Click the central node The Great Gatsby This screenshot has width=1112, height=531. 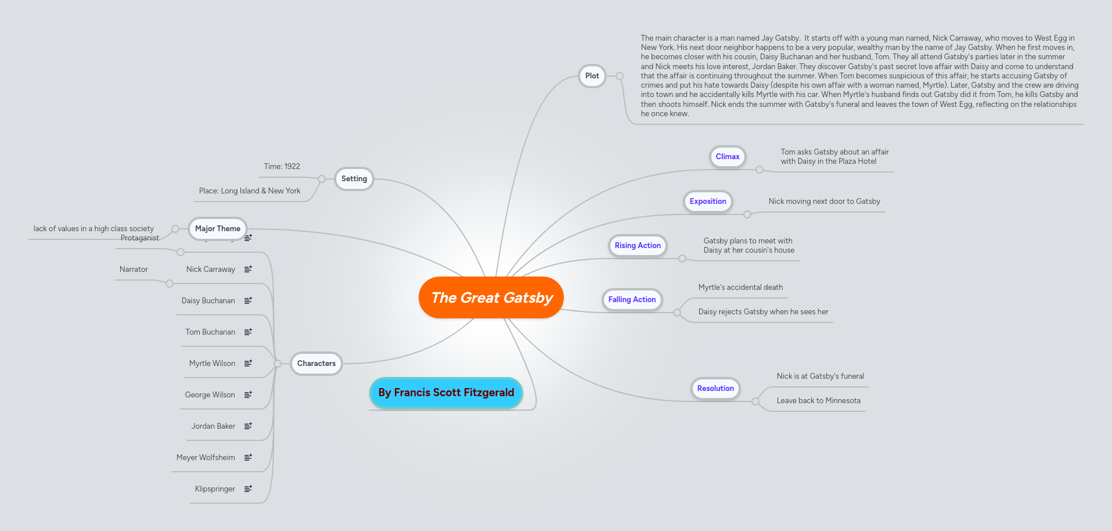[491, 297]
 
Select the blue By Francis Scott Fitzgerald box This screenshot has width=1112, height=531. [446, 393]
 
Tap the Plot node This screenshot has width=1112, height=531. [592, 76]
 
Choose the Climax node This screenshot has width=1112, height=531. [727, 156]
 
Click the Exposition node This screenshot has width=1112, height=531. [707, 202]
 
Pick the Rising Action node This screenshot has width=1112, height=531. [637, 246]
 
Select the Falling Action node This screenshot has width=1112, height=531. [632, 300]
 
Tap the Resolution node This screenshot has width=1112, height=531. [715, 389]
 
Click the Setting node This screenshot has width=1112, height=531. [354, 179]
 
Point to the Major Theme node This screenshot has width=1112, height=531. [217, 229]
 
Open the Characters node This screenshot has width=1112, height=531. [316, 364]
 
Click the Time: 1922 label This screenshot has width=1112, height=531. [282, 167]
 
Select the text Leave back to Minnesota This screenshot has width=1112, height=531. [818, 401]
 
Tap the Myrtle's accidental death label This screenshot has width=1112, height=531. [740, 288]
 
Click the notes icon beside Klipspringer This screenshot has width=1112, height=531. [248, 489]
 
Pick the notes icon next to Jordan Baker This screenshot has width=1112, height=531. [248, 426]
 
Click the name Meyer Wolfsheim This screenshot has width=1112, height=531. [206, 458]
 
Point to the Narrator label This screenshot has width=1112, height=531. [134, 270]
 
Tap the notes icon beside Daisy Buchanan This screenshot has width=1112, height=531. [248, 301]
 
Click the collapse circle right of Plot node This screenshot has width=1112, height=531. [620, 76]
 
